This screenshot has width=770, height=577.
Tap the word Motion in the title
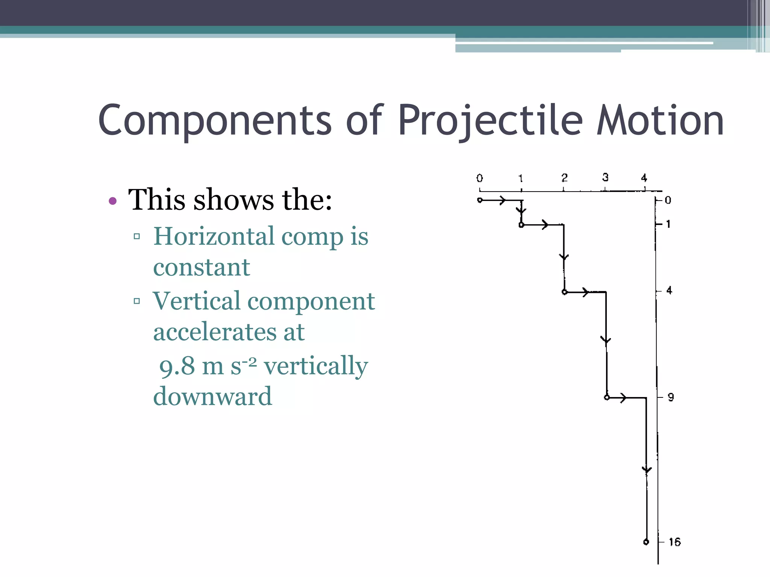tap(660, 120)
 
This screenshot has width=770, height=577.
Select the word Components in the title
tap(215, 120)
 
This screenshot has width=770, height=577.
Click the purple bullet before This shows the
tap(112, 201)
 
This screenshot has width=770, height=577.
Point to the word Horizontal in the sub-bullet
tap(214, 236)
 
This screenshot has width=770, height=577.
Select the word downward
tap(212, 396)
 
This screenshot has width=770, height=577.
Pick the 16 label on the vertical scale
tap(675, 542)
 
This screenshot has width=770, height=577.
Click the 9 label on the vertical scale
tap(671, 397)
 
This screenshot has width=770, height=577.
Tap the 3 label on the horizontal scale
tap(605, 177)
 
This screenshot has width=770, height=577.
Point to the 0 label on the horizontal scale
tap(480, 178)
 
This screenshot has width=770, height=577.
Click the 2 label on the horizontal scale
tap(564, 178)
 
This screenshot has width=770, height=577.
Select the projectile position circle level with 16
tap(646, 542)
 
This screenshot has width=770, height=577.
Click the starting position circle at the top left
tap(480, 200)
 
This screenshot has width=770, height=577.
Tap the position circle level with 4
tap(564, 292)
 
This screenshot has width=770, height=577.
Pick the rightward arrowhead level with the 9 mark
tap(623, 397)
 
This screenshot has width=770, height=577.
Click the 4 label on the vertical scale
tap(669, 290)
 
